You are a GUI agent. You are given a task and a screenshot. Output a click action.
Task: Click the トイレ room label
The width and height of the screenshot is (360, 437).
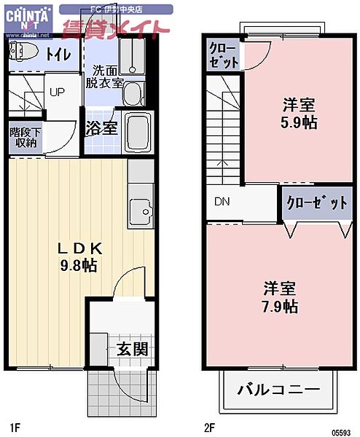click(58, 54)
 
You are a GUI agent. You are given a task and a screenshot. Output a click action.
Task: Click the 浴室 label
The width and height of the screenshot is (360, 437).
click(101, 129)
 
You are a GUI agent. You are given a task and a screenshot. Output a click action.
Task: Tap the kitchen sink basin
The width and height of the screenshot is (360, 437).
click(138, 212)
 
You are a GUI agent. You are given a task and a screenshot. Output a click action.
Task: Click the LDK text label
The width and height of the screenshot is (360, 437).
click(80, 248)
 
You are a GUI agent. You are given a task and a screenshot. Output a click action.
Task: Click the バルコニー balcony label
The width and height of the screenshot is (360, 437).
click(278, 390)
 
